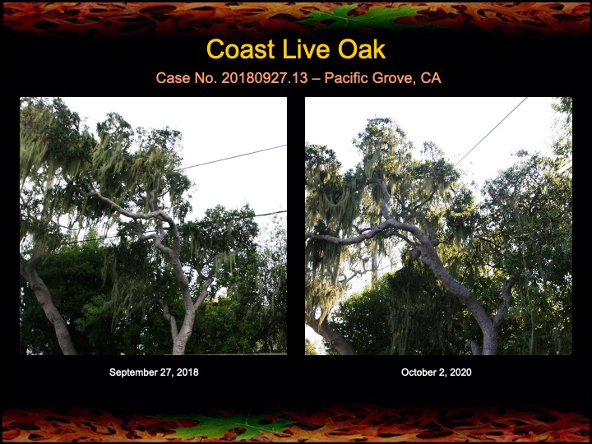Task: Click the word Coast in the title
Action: (240, 49)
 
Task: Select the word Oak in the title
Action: (362, 49)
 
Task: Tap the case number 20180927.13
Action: (265, 78)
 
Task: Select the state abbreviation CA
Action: (431, 78)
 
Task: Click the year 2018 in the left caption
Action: (187, 372)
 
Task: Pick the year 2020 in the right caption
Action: (460, 372)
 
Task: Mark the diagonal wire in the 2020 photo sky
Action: (491, 132)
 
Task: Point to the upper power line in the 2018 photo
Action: (232, 157)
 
